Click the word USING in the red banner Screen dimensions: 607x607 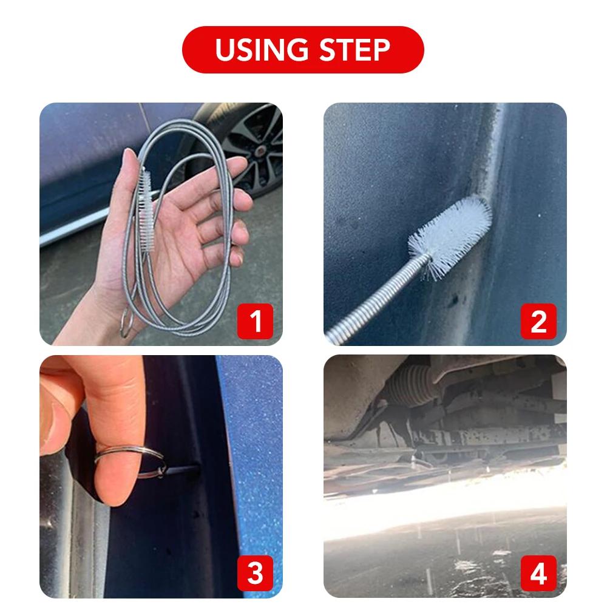[x=258, y=50]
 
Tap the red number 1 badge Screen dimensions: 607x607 [x=255, y=321]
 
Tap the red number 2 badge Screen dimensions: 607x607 [x=538, y=321]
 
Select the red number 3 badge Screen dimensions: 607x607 [x=255, y=573]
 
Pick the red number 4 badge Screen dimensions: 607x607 [x=538, y=573]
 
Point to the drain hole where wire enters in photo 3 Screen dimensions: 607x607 [x=195, y=469]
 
